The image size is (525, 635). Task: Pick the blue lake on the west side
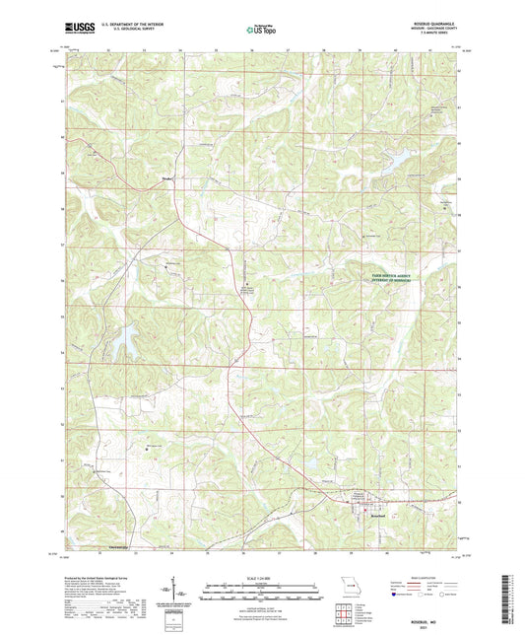click(126, 343)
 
